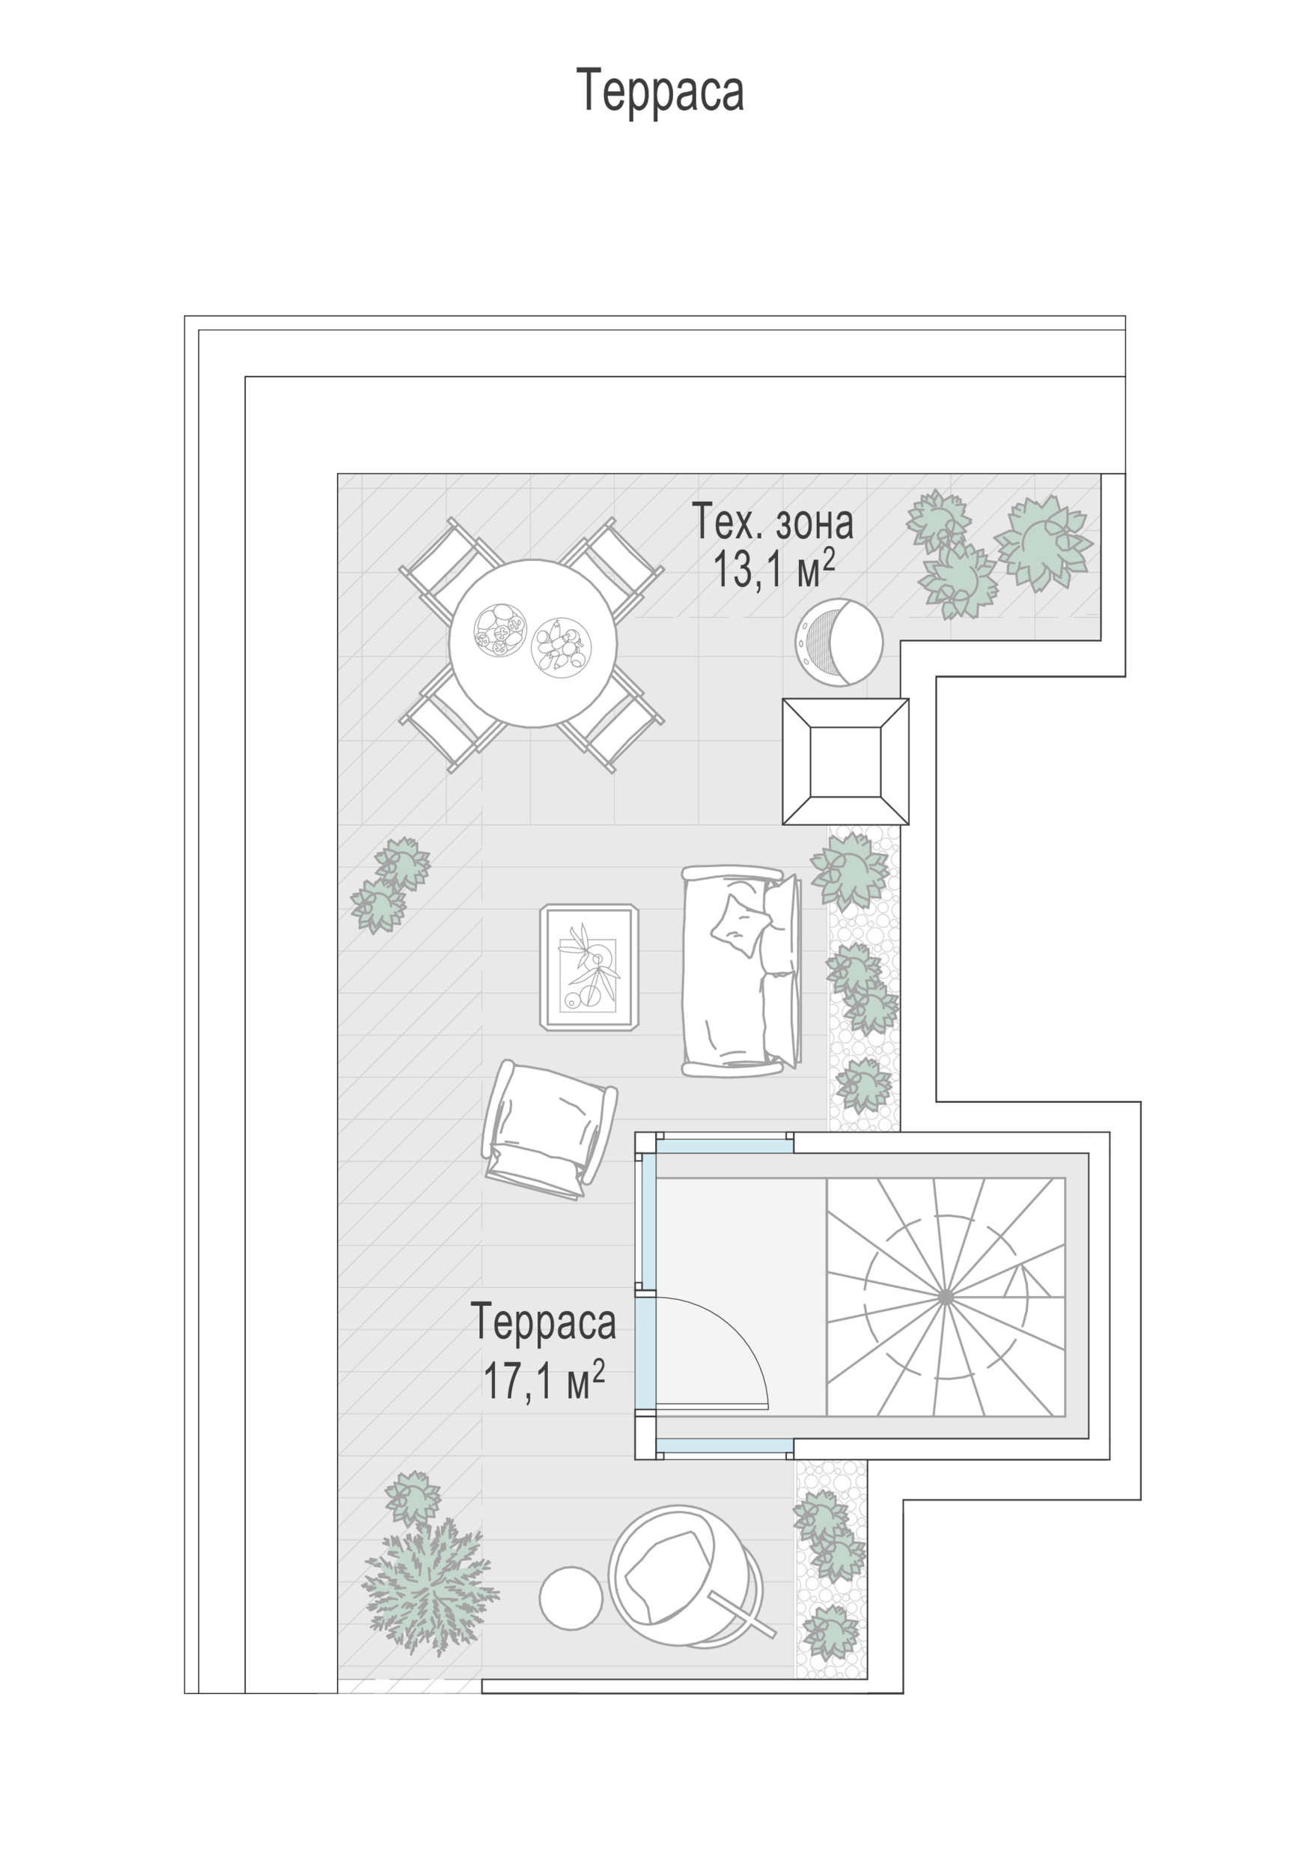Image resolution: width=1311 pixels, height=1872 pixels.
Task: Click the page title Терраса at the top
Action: [x=660, y=91]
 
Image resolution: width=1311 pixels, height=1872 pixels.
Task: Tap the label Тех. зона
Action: [x=772, y=522]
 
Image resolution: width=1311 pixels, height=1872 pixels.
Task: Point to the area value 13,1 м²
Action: [x=773, y=568]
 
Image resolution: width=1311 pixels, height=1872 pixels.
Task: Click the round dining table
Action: [x=532, y=642]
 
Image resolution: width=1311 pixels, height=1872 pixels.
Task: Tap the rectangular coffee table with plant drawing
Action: [x=588, y=967]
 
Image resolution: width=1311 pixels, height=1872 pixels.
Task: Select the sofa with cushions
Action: [x=741, y=970]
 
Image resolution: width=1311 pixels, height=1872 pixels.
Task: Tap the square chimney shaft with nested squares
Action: [x=845, y=761]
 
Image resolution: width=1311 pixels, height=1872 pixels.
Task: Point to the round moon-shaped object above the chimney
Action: [x=838, y=642]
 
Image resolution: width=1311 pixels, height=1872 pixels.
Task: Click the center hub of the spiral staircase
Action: [x=945, y=1295]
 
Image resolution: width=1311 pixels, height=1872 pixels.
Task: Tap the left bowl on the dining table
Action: [x=500, y=630]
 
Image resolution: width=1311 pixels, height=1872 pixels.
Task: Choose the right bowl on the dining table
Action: [x=561, y=645]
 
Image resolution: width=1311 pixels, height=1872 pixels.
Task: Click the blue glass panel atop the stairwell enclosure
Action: [x=724, y=1146]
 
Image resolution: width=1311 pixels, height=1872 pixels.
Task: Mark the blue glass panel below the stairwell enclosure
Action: [x=724, y=1446]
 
